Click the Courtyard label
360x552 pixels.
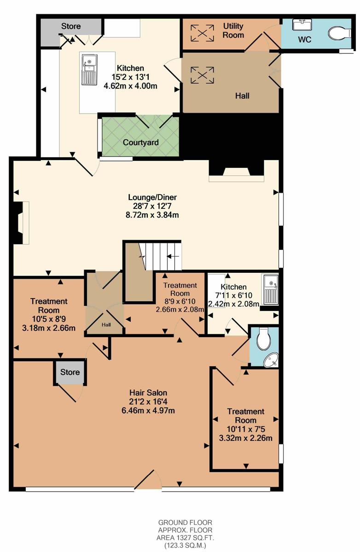click(140, 143)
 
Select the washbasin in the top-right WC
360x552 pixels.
click(302, 25)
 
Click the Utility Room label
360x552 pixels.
click(233, 30)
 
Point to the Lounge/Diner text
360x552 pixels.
click(152, 197)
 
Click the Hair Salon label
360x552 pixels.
click(148, 392)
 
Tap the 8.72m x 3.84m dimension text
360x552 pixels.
click(152, 215)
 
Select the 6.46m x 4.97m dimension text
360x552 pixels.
click(148, 410)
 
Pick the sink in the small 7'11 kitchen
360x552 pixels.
click(271, 290)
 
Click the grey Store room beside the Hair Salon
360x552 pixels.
click(70, 372)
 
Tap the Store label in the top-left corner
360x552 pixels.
click(71, 26)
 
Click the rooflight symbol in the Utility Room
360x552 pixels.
click(202, 33)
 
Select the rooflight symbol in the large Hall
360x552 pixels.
click(202, 75)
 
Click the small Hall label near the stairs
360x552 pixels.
click(106, 325)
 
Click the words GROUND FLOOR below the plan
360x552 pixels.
click(185, 523)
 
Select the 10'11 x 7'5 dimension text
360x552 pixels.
click(245, 429)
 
